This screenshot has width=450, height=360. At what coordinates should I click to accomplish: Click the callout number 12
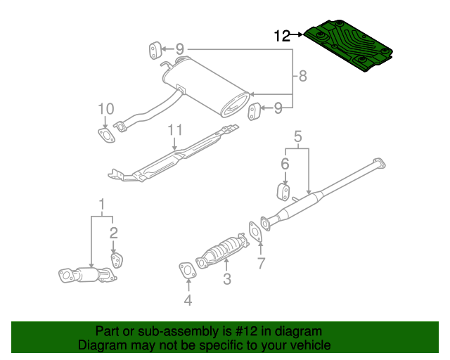(x=282, y=35)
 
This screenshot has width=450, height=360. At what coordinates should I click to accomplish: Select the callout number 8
(x=302, y=76)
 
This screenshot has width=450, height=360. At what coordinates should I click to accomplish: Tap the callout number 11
(x=175, y=129)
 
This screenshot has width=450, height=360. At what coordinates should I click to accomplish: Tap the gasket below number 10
(x=105, y=135)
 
